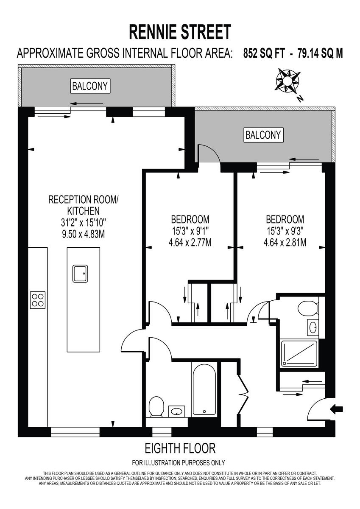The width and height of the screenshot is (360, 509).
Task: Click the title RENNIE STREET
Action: [x=180, y=32]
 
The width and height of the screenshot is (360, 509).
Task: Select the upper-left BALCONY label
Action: [x=90, y=86]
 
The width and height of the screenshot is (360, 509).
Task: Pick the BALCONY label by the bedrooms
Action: [x=263, y=135]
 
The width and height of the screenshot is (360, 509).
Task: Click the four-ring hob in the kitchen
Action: [x=38, y=299]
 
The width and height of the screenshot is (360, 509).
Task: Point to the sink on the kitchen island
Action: [x=80, y=273]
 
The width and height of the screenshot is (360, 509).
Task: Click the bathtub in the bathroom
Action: [x=204, y=389]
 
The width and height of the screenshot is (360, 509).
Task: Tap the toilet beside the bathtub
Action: [x=156, y=408]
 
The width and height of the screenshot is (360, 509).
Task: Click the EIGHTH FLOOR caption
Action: [x=180, y=448]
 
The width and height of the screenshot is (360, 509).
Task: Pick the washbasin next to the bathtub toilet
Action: [x=177, y=411]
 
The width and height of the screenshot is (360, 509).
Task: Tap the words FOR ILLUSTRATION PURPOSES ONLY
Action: [x=179, y=463]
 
